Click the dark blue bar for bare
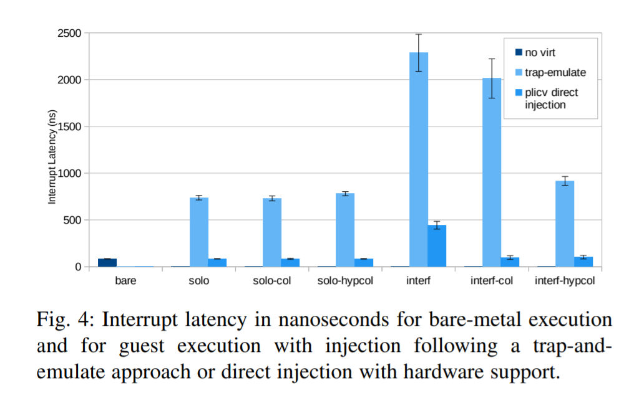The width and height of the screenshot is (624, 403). (x=107, y=262)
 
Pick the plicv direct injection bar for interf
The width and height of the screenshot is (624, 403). (x=437, y=246)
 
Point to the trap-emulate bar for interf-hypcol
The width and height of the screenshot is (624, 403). (x=565, y=224)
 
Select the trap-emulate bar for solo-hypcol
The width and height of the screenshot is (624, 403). (x=345, y=230)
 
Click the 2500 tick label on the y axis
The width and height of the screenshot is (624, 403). (x=69, y=33)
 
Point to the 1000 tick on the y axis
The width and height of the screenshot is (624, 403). (x=69, y=173)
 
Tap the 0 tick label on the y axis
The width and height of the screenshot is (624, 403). (x=78, y=267)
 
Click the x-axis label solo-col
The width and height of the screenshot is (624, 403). (x=271, y=281)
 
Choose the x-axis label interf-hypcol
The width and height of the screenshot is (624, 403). (x=565, y=281)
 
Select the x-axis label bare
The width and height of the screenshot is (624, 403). (x=125, y=281)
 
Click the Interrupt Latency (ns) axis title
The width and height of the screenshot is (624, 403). (x=52, y=157)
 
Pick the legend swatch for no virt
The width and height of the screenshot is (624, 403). (x=517, y=52)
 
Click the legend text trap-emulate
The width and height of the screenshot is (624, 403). (x=555, y=72)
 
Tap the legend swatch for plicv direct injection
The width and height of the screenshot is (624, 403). (x=517, y=93)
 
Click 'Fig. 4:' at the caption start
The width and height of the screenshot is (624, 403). (x=64, y=320)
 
